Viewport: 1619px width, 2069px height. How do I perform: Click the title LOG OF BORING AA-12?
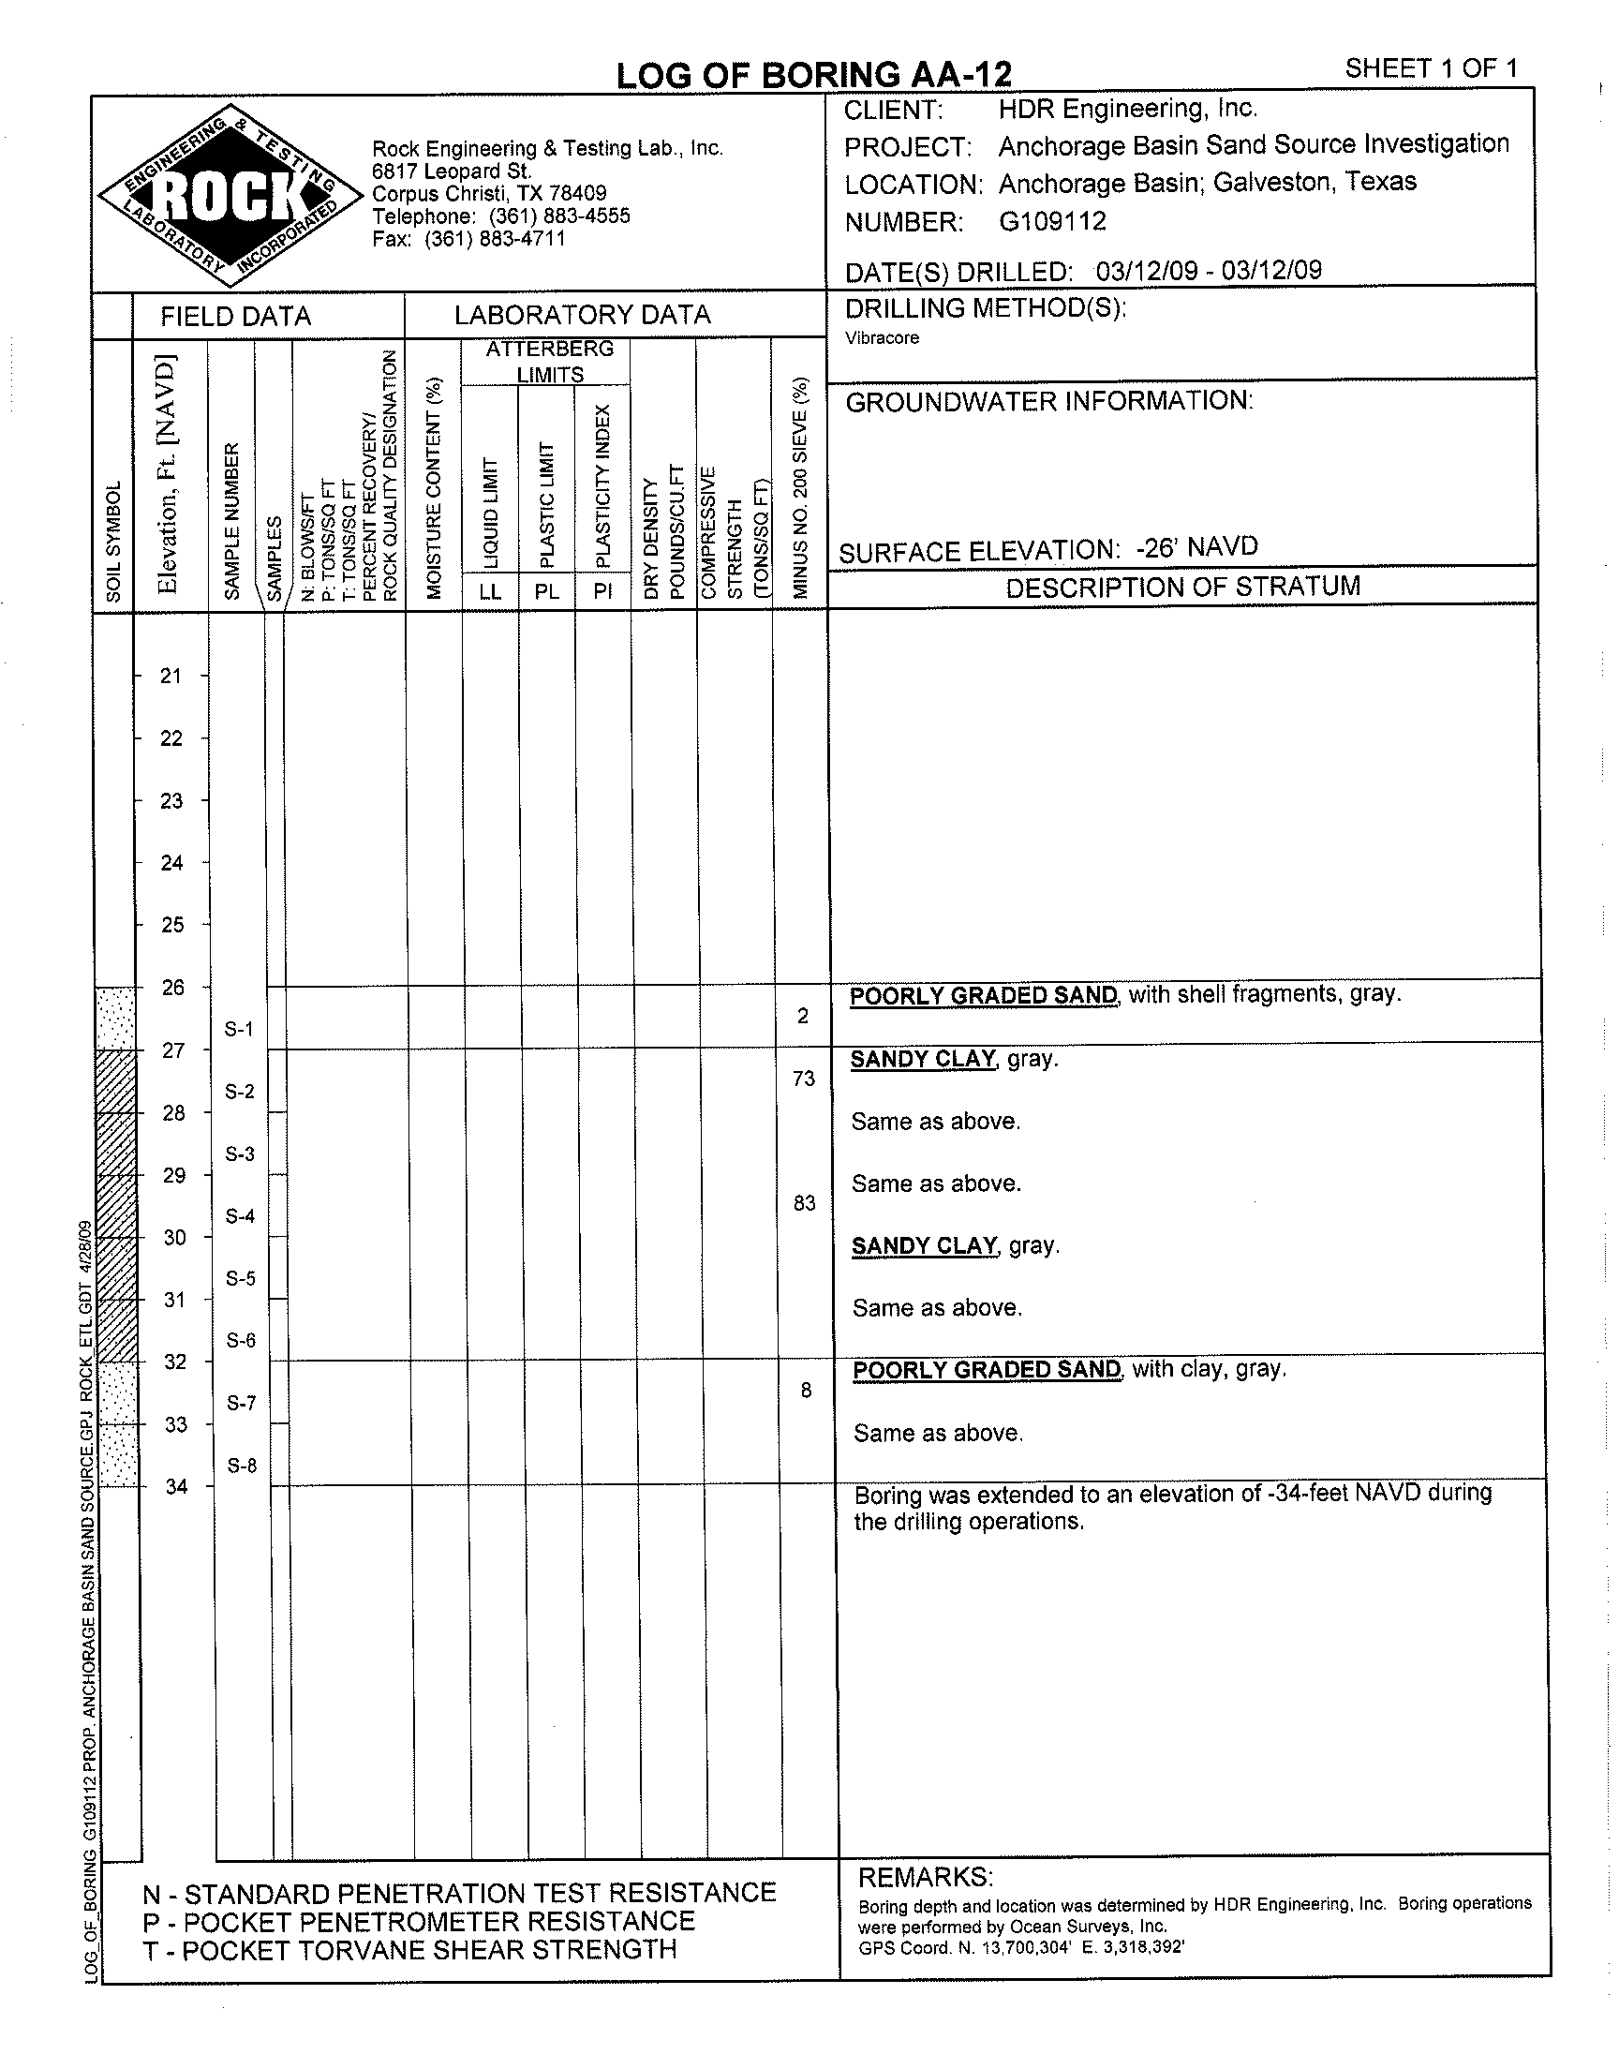(813, 75)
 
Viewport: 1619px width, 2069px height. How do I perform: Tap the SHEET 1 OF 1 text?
(1431, 68)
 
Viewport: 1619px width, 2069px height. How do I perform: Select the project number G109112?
(1052, 222)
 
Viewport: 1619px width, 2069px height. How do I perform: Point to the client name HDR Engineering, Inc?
(1127, 109)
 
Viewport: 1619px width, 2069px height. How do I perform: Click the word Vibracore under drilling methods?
(883, 338)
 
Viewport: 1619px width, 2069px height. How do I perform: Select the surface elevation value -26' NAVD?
(1196, 548)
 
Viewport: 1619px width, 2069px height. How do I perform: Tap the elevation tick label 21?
(171, 676)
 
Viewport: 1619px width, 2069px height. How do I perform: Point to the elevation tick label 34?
(177, 1486)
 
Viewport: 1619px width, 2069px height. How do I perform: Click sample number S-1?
(239, 1028)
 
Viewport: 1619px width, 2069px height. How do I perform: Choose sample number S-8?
(242, 1466)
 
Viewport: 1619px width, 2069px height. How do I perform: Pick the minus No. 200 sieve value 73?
(804, 1079)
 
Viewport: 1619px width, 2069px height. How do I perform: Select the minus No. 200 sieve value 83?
(805, 1204)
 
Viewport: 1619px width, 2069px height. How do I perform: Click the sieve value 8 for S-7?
(806, 1391)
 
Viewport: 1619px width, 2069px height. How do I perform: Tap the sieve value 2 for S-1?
(803, 1016)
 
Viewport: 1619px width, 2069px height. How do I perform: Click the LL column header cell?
(490, 592)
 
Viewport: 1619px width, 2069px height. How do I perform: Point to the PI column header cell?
(602, 592)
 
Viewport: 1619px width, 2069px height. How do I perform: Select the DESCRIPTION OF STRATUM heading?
(1183, 587)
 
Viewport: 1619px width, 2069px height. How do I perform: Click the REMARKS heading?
(925, 1877)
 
